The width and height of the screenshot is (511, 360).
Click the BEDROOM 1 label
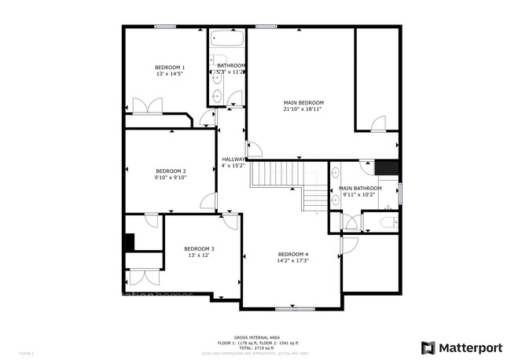pyautogui.click(x=169, y=68)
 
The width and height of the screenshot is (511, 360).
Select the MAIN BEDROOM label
pyautogui.click(x=303, y=103)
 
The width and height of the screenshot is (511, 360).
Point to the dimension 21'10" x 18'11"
pyautogui.click(x=303, y=110)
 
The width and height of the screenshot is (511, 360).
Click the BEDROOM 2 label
pyautogui.click(x=171, y=171)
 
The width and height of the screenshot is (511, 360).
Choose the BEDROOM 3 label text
pyautogui.click(x=200, y=248)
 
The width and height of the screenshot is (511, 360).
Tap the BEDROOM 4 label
pyautogui.click(x=292, y=253)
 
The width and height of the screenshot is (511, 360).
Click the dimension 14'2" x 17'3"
pyautogui.click(x=292, y=260)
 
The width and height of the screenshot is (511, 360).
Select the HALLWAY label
pyautogui.click(x=233, y=159)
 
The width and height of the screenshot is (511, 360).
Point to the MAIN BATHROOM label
pyautogui.click(x=360, y=189)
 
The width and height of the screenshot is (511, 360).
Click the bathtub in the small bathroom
pyautogui.click(x=226, y=38)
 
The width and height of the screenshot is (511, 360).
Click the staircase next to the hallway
pyautogui.click(x=287, y=181)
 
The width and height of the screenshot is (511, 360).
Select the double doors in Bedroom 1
pyautogui.click(x=147, y=105)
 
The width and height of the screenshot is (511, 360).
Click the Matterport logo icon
pyautogui.click(x=428, y=347)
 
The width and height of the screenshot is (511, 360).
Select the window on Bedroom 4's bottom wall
pyautogui.click(x=292, y=307)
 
